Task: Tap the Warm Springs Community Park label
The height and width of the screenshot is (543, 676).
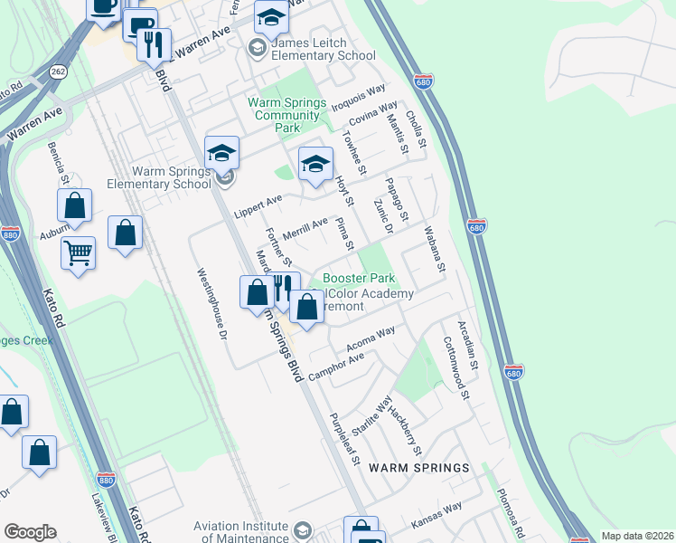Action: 287,115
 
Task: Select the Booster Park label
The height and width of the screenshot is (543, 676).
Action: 359,278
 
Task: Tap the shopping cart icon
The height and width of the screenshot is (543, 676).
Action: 79,253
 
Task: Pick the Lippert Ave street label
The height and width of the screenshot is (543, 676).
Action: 258,205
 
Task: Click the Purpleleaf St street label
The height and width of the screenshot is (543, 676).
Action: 345,440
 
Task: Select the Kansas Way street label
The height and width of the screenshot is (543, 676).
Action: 437,517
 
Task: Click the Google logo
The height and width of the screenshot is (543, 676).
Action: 30,532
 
